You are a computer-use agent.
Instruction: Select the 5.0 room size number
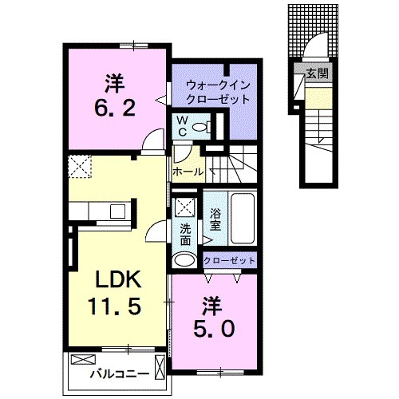(x=212, y=329)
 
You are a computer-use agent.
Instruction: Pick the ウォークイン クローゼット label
(x=217, y=92)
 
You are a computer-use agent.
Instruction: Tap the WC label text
(x=182, y=126)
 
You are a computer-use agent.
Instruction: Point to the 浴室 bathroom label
(x=215, y=220)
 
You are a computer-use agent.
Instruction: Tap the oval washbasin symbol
(x=185, y=259)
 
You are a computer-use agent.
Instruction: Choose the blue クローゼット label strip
(x=230, y=261)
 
